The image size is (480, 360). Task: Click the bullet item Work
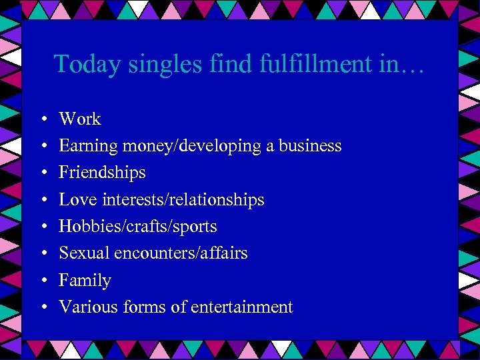80,119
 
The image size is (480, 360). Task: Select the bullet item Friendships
102,173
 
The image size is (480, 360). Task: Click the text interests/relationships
183,199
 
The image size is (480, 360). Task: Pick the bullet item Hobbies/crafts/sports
138,227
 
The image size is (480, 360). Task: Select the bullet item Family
85,281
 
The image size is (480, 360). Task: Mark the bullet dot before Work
43,119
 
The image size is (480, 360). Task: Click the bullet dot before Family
43,281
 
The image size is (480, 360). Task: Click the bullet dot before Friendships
43,173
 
